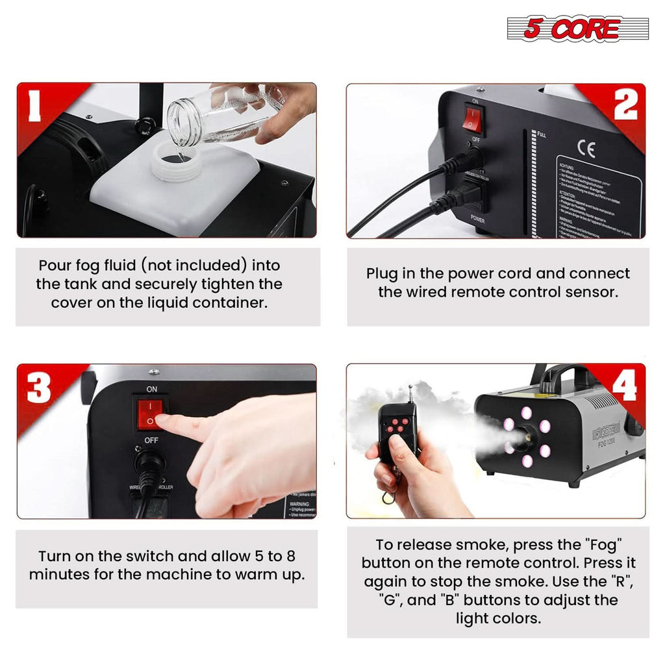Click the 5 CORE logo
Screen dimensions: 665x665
[577, 29]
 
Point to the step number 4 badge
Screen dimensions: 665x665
[624, 388]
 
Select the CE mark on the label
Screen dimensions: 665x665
[586, 150]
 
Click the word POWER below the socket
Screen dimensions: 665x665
[477, 220]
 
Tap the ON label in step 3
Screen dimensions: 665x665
[152, 389]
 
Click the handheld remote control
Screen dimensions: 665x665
[397, 432]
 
